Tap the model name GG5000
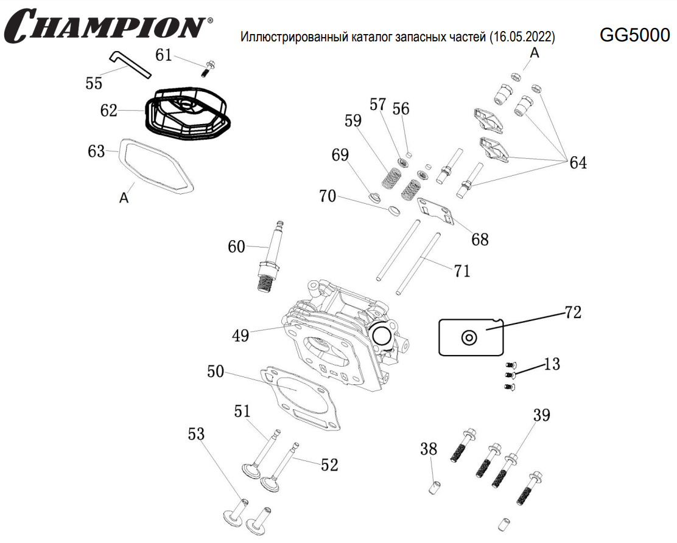pos(634,36)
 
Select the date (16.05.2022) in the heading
pos(522,38)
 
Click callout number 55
pos(94,84)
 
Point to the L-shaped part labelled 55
pos(130,63)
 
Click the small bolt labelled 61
pos(207,69)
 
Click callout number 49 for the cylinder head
pos(240,335)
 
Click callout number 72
pos(573,313)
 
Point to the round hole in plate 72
pos(469,337)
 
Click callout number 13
pos(552,365)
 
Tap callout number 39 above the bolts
pos(541,416)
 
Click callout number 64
pos(578,164)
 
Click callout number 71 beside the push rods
pos(462,271)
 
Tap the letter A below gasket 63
pos(124,198)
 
